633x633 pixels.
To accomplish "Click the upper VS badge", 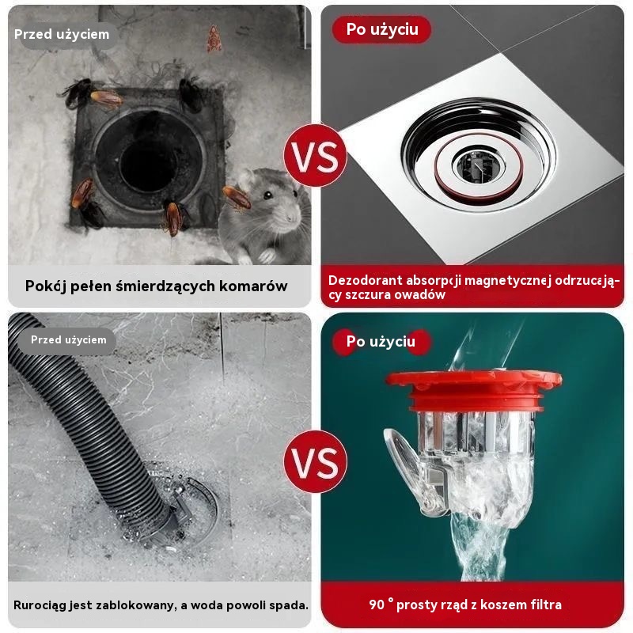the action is tap(315, 155).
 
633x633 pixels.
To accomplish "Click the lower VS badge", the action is tap(315, 461).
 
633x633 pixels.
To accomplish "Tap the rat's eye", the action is tap(267, 195).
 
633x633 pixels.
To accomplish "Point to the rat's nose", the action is tap(290, 218).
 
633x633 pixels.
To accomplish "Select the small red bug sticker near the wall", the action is tap(214, 39).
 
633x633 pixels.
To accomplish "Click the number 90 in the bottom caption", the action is tap(377, 605).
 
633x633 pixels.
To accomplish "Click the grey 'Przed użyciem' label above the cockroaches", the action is tap(63, 34).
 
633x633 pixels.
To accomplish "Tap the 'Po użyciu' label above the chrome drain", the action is tap(382, 29).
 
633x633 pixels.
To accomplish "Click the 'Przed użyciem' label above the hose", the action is tap(68, 340).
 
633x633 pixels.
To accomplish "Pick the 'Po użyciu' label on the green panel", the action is tap(381, 342).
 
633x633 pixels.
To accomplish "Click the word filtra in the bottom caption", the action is tap(542, 605).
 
